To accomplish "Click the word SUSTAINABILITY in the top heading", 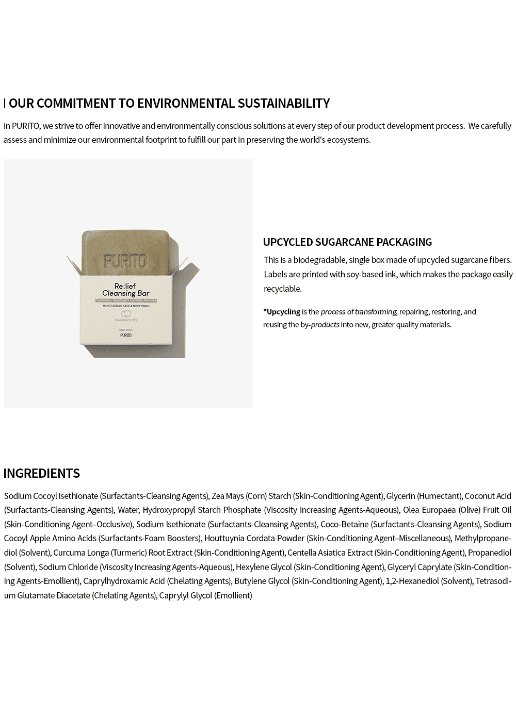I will click(283, 104).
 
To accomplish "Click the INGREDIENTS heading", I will click(42, 473).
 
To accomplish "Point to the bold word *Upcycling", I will click(282, 312).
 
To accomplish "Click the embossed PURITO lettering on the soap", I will click(125, 261).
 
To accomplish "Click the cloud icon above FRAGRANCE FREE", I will click(125, 314).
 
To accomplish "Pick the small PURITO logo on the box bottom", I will click(125, 335).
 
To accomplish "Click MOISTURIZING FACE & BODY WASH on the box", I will click(125, 306).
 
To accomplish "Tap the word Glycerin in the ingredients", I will click(400, 496).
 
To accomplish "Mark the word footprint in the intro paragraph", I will click(156, 140).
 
